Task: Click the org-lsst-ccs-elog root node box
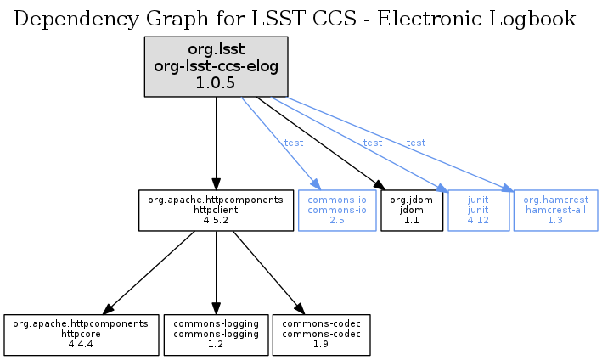[x=216, y=65]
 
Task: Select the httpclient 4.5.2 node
[x=216, y=210]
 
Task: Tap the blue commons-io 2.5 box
[x=337, y=210]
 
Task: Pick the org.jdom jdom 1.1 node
[x=412, y=210]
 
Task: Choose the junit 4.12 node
[x=478, y=210]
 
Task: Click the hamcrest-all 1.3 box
[x=555, y=210]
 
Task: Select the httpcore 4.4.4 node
[x=82, y=335]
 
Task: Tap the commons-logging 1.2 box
[x=216, y=335]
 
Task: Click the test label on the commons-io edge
[x=294, y=143]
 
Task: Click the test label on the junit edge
[x=373, y=143]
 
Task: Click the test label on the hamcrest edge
[x=416, y=143]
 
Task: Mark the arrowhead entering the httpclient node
[x=216, y=184]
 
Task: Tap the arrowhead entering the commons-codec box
[x=298, y=308]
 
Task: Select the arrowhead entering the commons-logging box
[x=216, y=308]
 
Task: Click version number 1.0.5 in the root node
[x=216, y=82]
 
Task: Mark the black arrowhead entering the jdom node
[x=378, y=183]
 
